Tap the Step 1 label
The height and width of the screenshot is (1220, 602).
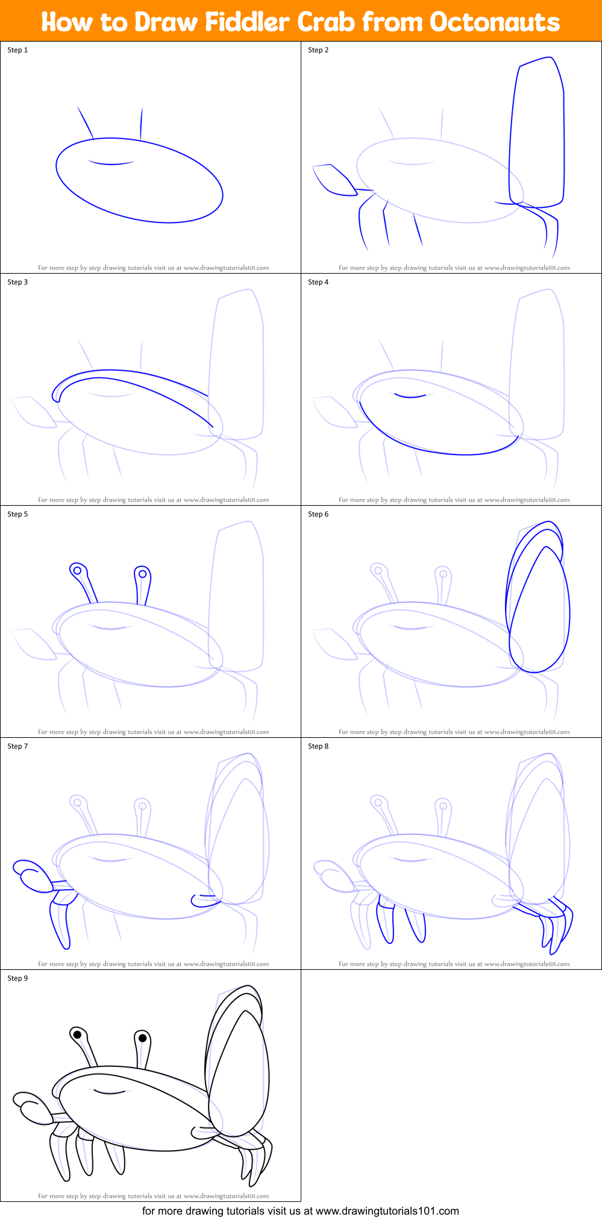point(17,50)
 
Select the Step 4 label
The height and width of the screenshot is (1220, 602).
point(318,282)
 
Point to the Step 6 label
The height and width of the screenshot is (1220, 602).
point(318,514)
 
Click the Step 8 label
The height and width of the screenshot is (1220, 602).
point(318,746)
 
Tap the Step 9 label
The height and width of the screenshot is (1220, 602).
point(17,978)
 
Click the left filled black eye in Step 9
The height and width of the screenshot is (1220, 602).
point(77,1034)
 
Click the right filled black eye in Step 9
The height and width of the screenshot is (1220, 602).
point(142,1037)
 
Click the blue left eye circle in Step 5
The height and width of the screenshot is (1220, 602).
point(77,570)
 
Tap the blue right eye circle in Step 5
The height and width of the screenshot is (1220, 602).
point(142,574)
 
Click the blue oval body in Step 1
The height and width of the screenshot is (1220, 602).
point(139,181)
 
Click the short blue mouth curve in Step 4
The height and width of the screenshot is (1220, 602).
point(410,396)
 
